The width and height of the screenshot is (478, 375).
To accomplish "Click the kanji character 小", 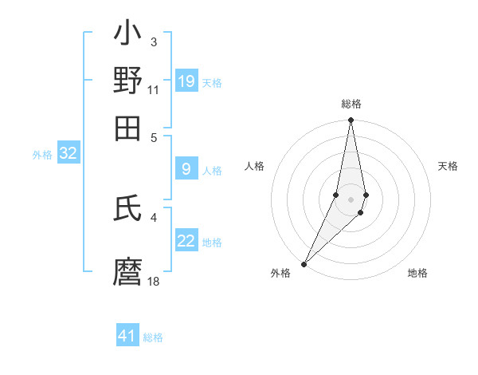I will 127,35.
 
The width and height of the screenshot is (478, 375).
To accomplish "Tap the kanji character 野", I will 127,81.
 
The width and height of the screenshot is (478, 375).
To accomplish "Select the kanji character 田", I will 127,128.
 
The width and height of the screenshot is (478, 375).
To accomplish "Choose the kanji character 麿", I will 127,271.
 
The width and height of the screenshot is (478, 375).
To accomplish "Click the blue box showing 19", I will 186,81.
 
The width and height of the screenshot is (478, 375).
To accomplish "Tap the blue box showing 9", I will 186,168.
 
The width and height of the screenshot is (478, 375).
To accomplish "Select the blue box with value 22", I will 186,241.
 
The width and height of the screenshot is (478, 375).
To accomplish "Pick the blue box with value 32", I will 68,153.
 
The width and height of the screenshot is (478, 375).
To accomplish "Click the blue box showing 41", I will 127,336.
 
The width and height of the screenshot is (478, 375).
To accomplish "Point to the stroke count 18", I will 154,282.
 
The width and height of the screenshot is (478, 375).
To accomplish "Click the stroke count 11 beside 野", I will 153,91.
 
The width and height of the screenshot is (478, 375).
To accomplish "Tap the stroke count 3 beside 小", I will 153,41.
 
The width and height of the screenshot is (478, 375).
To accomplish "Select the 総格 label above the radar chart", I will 351,105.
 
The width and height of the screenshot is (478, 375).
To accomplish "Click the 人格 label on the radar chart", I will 254,166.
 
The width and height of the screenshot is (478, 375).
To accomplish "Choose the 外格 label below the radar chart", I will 280,274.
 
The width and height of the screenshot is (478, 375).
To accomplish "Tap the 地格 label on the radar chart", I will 417,274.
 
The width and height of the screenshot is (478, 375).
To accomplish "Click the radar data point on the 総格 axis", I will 351,120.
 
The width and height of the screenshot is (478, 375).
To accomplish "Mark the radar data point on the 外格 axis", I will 304,264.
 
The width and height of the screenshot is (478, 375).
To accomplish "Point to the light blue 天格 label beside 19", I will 212,82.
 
